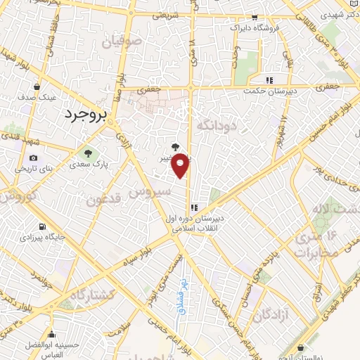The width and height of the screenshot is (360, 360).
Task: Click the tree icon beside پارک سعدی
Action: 88,153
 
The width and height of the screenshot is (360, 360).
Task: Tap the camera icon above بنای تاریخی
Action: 33,159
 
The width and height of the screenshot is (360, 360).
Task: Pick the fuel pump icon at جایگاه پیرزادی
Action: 44,226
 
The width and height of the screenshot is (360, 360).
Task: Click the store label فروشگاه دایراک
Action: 257,27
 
